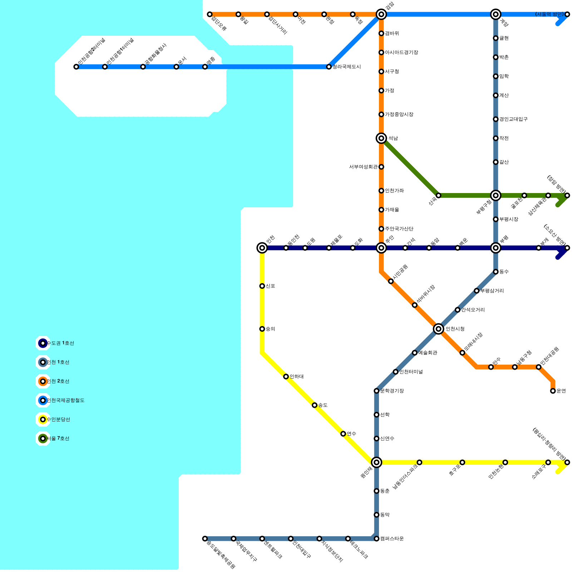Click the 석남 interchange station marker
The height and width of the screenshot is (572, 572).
click(x=381, y=138)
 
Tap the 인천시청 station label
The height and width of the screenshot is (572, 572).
click(x=455, y=329)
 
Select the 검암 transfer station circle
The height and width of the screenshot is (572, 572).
click(x=381, y=14)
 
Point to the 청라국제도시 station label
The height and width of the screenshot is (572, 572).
click(x=346, y=67)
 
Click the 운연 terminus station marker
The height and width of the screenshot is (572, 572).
click(x=553, y=391)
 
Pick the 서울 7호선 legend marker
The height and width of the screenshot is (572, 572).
click(x=43, y=438)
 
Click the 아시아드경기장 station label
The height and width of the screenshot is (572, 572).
click(x=401, y=53)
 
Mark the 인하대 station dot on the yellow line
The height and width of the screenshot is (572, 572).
click(x=286, y=376)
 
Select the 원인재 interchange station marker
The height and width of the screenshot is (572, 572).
click(x=376, y=462)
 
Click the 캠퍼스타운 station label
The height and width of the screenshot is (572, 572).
click(x=392, y=538)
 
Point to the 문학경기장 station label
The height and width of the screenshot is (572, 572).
click(x=392, y=391)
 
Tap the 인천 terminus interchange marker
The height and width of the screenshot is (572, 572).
click(x=262, y=248)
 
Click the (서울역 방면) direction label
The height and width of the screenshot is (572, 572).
click(x=549, y=14)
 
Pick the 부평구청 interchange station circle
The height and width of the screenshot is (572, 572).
click(x=495, y=195)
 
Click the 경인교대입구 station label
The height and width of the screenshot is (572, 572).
click(x=513, y=119)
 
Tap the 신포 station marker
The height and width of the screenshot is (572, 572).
click(x=262, y=286)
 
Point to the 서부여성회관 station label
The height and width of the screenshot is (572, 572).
click(x=363, y=167)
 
